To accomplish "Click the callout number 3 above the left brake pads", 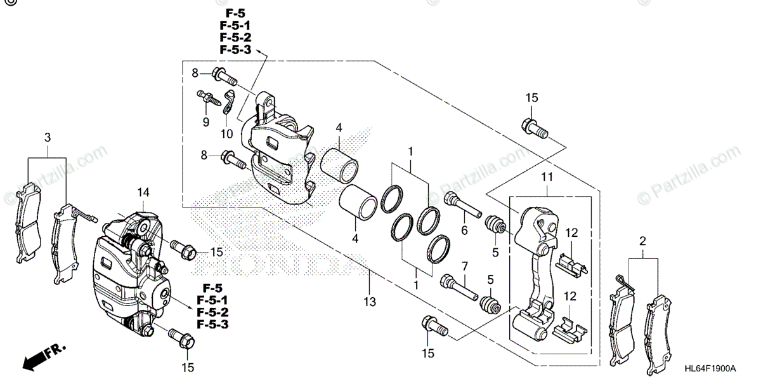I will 47,138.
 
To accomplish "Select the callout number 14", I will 143,192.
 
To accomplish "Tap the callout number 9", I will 206,121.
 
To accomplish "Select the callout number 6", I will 464,231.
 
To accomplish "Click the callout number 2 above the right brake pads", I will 642,241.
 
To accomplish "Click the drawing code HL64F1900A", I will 709,368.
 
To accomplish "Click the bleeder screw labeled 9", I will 209,98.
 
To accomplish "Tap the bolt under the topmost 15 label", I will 534,128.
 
